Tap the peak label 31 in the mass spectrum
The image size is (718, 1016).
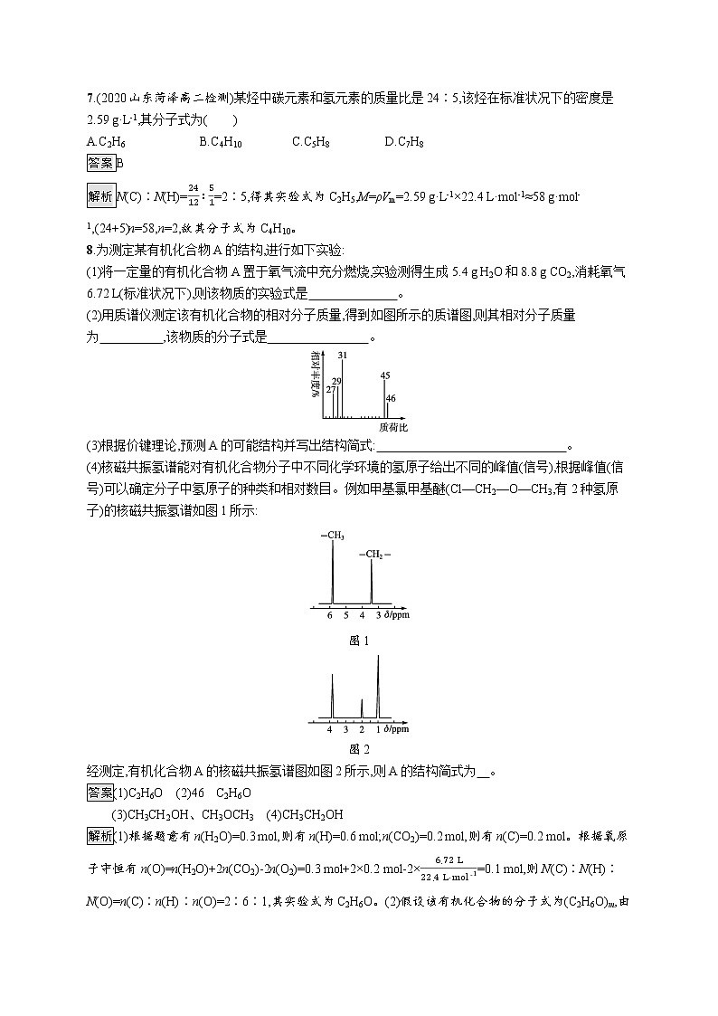coord(343,355)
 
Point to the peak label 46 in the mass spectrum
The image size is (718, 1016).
coord(391,397)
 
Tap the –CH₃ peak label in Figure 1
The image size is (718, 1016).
coord(332,536)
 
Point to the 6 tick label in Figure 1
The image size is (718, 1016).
coord(331,614)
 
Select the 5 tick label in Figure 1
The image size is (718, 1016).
coord(346,614)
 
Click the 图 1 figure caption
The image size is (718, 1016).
coord(359,641)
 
